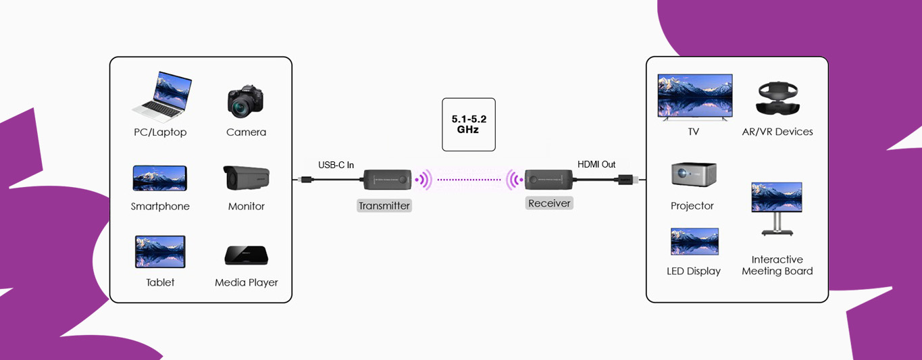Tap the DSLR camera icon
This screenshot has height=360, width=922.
click(245, 101)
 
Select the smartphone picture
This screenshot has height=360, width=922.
click(159, 178)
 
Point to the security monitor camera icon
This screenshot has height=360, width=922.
click(247, 178)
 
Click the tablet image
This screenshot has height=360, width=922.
click(160, 252)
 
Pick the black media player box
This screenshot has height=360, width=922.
click(246, 255)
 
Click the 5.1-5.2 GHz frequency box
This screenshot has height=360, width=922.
click(468, 125)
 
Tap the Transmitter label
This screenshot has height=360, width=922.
click(384, 205)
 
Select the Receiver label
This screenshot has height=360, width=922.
click(549, 203)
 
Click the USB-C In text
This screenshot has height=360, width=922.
click(336, 165)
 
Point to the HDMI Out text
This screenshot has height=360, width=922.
click(596, 164)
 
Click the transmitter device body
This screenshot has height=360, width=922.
click(387, 180)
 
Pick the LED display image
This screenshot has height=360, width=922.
click(694, 241)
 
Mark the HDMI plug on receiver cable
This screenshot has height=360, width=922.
click(623, 180)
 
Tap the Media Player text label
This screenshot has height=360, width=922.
click(247, 282)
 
